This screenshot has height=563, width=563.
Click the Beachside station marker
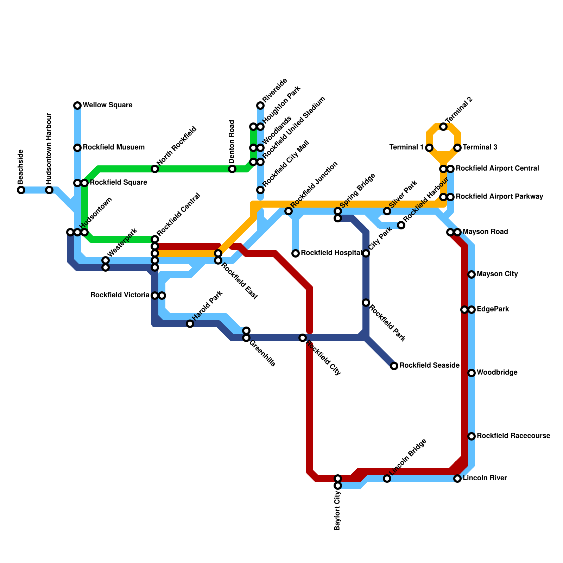[21, 190]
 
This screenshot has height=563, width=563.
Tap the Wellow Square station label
[107, 105]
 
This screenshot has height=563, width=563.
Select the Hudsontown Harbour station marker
[49, 190]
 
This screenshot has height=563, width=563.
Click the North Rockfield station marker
[155, 169]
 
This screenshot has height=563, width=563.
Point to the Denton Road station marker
[232, 169]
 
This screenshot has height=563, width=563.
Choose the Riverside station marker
[260, 106]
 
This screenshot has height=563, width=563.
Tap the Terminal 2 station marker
[443, 127]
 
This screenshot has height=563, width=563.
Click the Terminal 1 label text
[406, 147]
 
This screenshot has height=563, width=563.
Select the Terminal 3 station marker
[457, 148]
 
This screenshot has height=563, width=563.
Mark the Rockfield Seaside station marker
[394, 366]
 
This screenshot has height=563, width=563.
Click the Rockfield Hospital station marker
[296, 253]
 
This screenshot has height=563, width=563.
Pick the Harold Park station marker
[190, 324]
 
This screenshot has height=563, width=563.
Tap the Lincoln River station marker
[457, 479]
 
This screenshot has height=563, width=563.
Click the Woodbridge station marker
[472, 373]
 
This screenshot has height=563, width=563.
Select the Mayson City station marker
[472, 274]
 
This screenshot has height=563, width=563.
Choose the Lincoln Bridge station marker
[387, 479]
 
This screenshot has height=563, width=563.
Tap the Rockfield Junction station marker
[289, 211]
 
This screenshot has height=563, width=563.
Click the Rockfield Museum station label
[114, 147]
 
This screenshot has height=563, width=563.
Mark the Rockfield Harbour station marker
[401, 225]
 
